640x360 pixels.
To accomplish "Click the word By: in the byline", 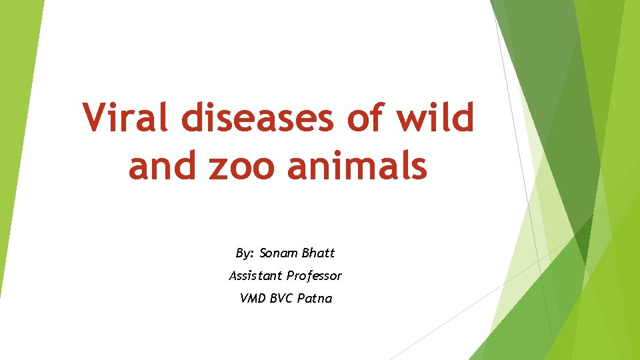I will [245, 253].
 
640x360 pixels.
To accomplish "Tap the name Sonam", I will [279, 253].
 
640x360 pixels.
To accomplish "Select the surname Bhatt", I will [319, 253].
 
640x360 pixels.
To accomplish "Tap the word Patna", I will [315, 298].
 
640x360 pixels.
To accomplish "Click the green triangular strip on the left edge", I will [15, 133].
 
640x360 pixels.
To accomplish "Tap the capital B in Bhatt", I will [306, 253].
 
